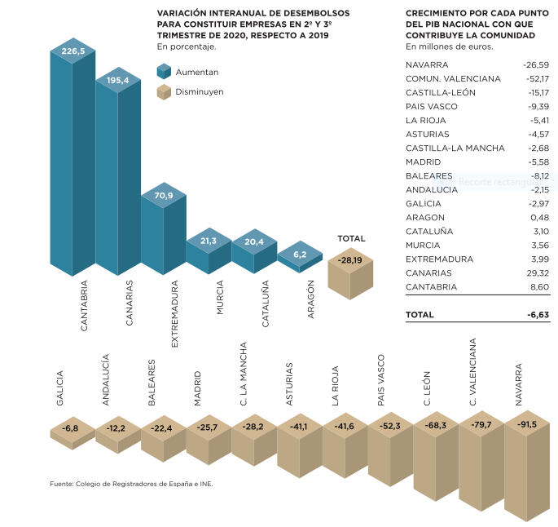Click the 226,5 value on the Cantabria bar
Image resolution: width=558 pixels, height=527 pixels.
[72, 51]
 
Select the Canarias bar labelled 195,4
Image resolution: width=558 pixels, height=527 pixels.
[118, 80]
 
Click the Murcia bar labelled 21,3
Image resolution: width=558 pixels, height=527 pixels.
[209, 241]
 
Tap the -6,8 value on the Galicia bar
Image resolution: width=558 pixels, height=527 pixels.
[72, 427]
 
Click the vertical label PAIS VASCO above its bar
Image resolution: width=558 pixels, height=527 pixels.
[381, 380]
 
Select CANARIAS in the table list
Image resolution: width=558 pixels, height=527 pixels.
[430, 273]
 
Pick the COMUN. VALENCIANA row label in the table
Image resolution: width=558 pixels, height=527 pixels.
[454, 78]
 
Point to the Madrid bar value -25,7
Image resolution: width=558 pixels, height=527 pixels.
[209, 427]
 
